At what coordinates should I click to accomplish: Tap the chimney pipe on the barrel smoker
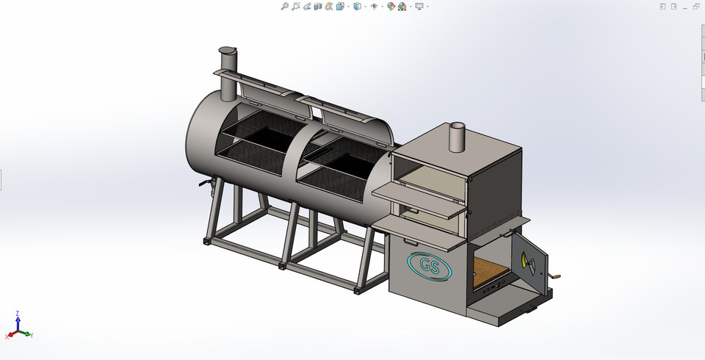point(228,73)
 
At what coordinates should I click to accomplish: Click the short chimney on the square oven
point(458,135)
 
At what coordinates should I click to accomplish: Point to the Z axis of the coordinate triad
point(18,317)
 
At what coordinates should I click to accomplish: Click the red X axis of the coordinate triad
point(10,335)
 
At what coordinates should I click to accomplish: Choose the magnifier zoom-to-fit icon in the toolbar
point(284,7)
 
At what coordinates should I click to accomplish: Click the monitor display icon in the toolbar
point(419,7)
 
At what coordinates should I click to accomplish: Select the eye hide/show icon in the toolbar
point(375,7)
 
